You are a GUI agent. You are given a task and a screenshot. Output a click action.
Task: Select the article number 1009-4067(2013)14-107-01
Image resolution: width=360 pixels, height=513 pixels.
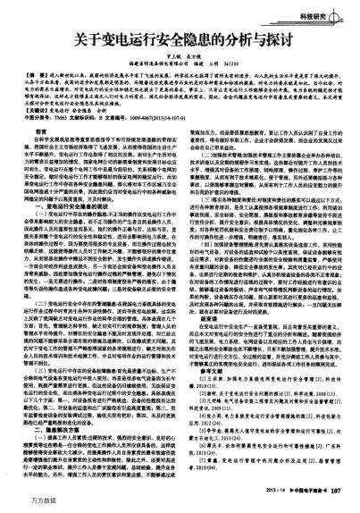click(x=178, y=115)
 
